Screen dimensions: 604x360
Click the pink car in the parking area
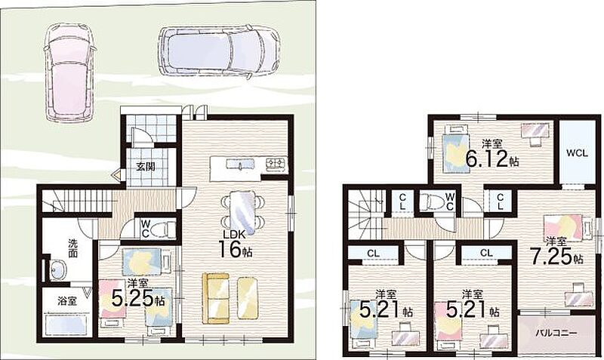(69, 72)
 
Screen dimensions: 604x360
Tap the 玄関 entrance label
(146, 167)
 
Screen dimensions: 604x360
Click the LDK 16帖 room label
(236, 244)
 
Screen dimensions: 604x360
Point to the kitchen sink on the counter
(239, 165)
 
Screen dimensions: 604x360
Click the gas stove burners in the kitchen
(276, 164)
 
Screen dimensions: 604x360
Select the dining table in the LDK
(242, 213)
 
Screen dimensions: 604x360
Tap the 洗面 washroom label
(72, 248)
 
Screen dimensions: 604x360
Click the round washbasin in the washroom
(57, 269)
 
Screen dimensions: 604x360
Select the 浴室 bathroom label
(67, 301)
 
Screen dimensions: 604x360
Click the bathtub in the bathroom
(66, 326)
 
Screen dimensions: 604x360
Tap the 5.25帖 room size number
(138, 298)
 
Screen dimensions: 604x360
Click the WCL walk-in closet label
(577, 153)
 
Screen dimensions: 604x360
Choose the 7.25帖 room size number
(556, 257)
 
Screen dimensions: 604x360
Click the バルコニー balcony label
(557, 332)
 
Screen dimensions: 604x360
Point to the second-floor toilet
(430, 202)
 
